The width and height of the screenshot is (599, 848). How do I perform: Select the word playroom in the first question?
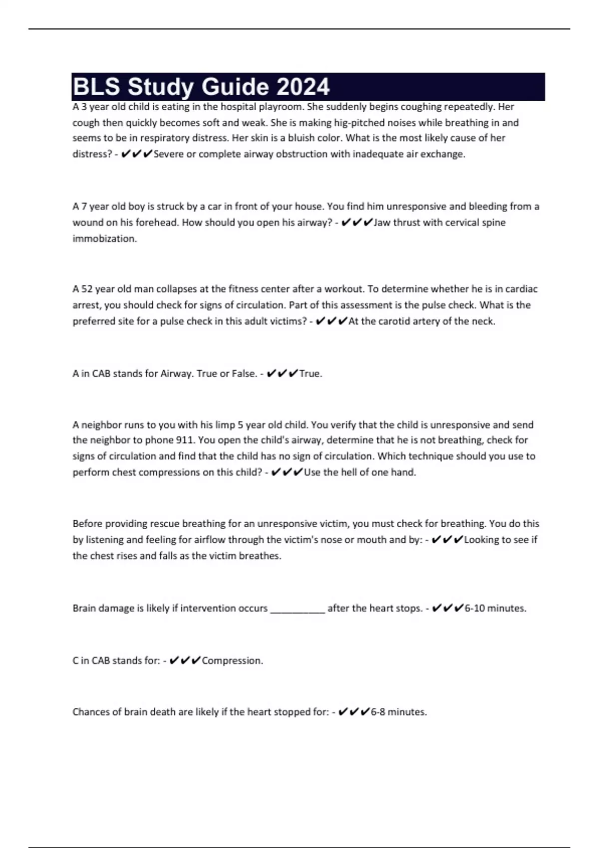point(280,107)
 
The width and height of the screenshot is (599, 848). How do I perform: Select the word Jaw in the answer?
point(382,222)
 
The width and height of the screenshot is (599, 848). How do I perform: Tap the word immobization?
point(105,238)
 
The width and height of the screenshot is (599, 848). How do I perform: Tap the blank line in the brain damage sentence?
point(298,609)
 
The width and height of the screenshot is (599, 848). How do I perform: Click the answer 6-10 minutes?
point(495,609)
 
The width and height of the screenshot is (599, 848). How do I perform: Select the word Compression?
point(232,661)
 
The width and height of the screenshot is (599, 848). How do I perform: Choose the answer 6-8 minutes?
point(399,712)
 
